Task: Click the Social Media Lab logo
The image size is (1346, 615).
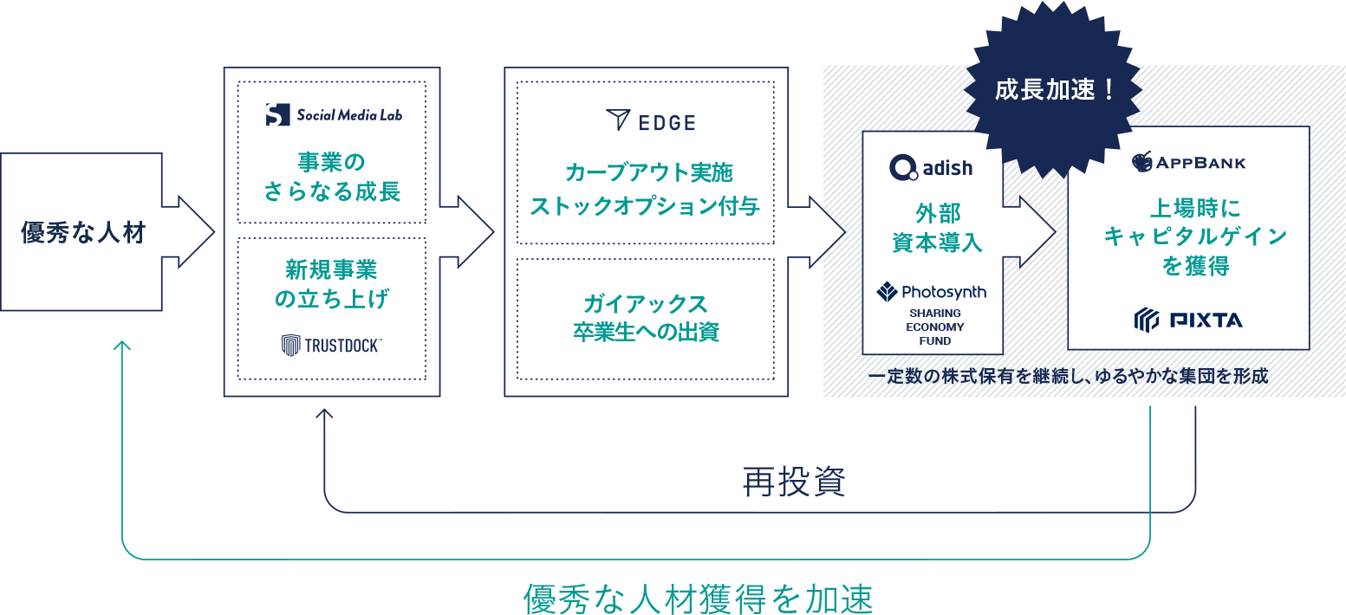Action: (334, 114)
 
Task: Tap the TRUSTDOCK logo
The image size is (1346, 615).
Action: (331, 346)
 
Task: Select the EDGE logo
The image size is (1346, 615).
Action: (651, 120)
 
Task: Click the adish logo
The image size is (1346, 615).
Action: (931, 167)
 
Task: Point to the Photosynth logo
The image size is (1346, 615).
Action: (932, 292)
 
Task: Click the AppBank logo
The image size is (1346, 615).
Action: (1188, 162)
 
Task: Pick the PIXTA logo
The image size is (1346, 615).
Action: (1188, 320)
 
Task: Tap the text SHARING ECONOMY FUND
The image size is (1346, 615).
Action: (935, 327)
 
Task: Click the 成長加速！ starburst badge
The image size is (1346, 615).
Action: (1053, 89)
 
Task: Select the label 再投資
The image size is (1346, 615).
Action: (794, 481)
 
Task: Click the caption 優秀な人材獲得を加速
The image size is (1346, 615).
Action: (698, 599)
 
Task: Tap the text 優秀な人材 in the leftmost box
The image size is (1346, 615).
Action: (83, 232)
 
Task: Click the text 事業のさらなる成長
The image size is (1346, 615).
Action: (332, 177)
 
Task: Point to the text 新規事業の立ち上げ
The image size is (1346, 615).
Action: (332, 284)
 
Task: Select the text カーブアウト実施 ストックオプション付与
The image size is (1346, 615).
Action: (645, 189)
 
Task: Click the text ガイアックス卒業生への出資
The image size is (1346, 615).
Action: (646, 318)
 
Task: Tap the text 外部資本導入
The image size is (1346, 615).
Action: (937, 228)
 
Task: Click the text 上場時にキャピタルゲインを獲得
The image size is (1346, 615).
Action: (1195, 236)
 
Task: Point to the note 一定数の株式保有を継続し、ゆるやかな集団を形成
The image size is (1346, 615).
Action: (1069, 376)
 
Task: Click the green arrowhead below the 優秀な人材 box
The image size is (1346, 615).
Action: (122, 345)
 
